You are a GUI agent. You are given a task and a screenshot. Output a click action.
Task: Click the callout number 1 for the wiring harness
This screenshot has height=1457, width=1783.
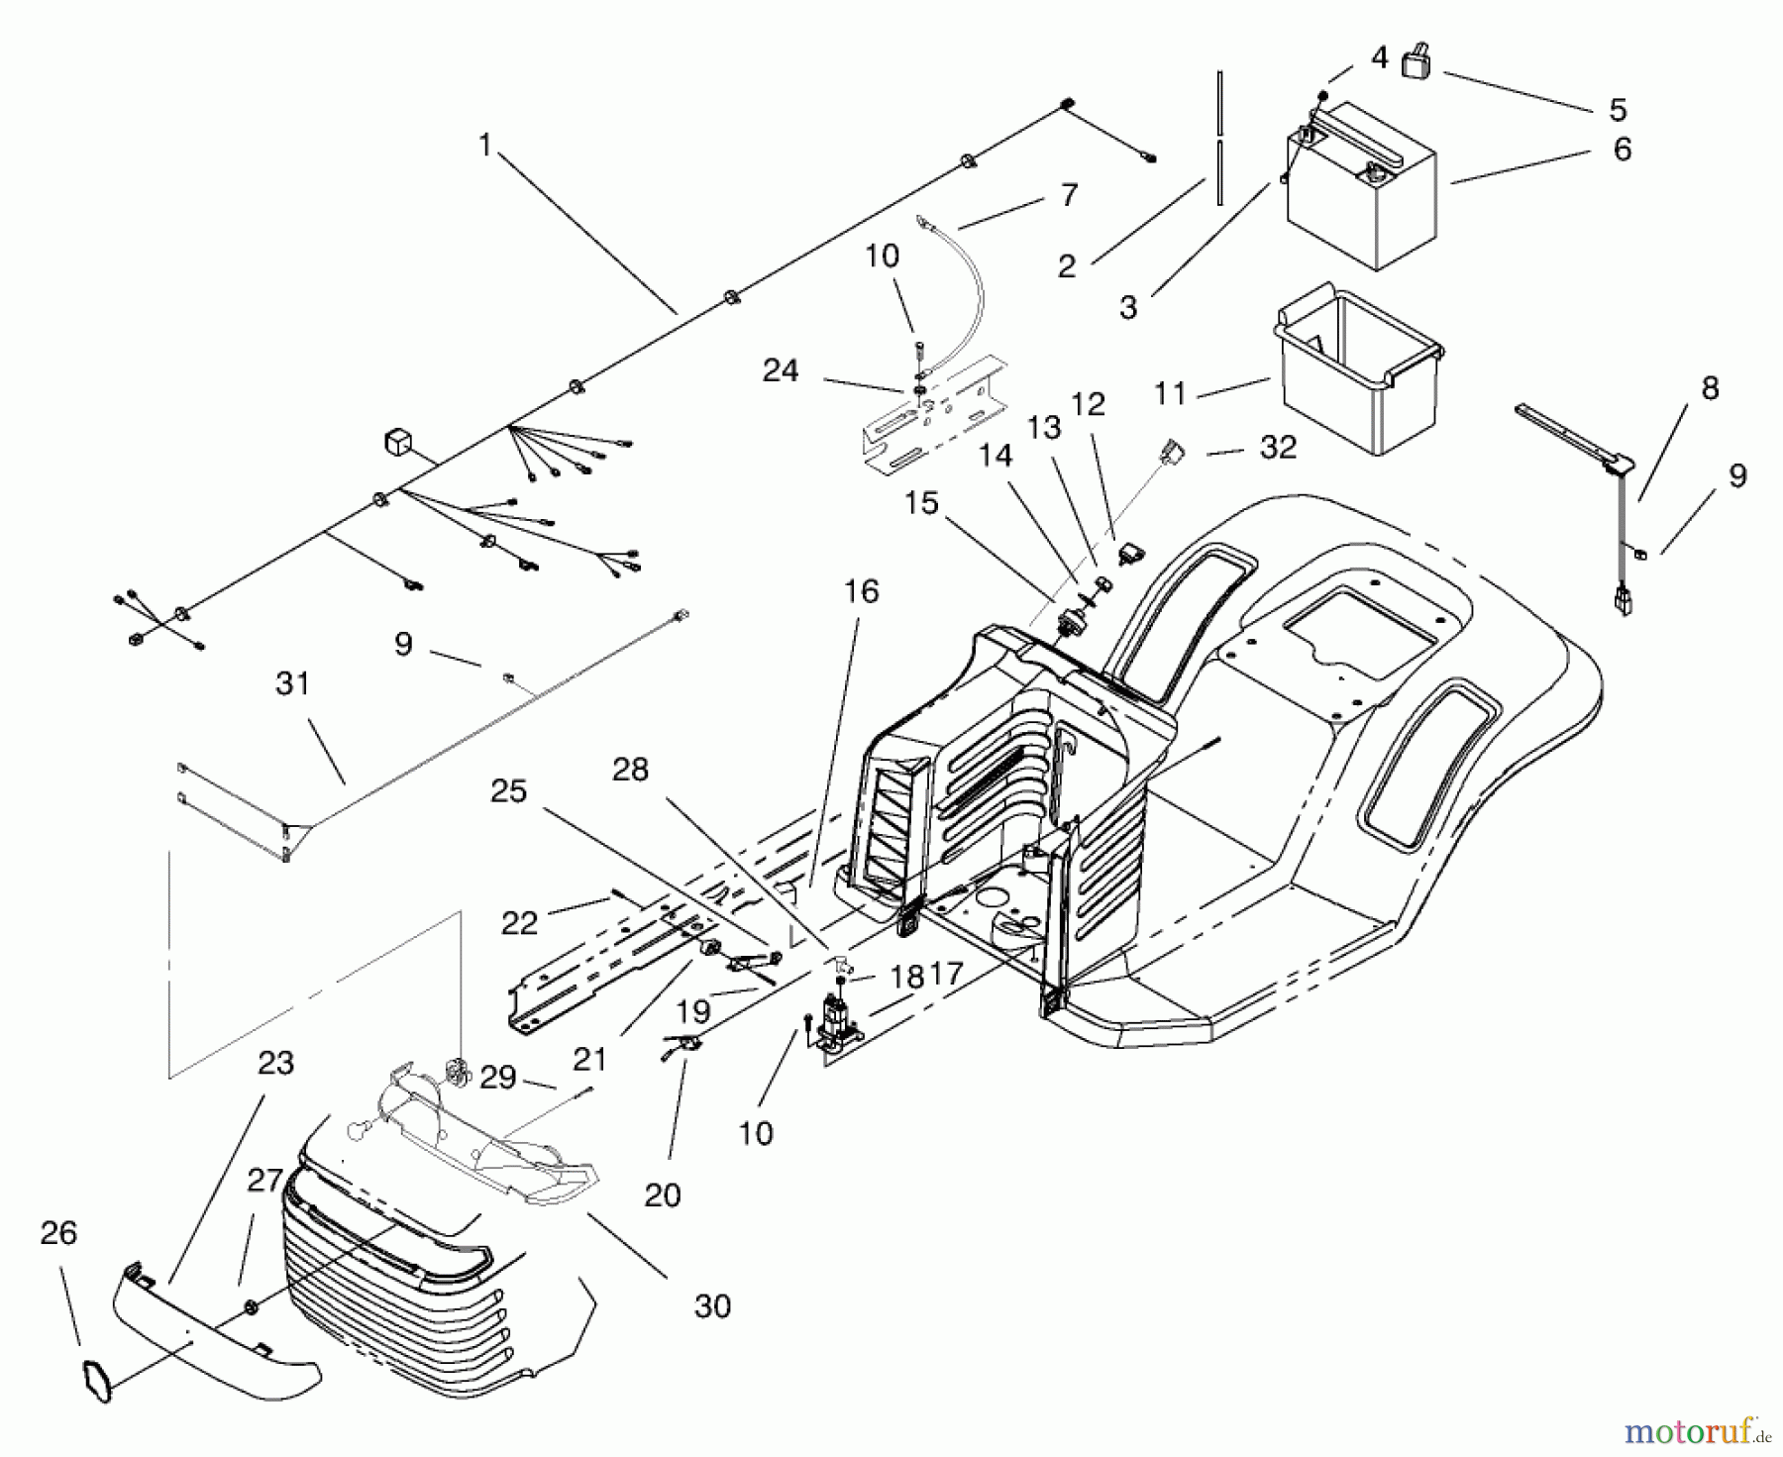(484, 146)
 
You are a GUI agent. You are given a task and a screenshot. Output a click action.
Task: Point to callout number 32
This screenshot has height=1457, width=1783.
(1278, 448)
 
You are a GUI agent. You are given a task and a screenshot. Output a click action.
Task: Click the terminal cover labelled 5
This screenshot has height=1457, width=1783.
(1417, 65)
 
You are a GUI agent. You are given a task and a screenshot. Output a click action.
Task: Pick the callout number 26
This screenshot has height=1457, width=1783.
(59, 1233)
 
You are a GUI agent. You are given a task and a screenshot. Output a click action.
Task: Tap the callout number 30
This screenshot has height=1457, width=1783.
(712, 1306)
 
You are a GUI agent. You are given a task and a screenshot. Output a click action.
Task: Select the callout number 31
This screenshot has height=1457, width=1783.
(293, 683)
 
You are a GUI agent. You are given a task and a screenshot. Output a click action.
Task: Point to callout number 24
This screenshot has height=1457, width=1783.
(781, 370)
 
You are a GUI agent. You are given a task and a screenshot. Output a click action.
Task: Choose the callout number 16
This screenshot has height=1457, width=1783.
(862, 591)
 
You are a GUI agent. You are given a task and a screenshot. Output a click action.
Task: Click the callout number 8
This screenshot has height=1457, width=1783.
(1710, 388)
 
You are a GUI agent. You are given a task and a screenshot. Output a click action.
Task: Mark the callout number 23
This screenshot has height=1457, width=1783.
(275, 1063)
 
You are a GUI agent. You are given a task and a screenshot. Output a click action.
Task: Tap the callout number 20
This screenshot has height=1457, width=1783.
(663, 1196)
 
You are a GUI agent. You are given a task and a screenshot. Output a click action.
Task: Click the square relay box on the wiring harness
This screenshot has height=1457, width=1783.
(398, 443)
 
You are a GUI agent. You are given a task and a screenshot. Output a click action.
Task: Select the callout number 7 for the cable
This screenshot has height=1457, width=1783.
(1068, 195)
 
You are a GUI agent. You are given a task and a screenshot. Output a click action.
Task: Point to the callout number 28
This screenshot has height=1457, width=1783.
(630, 769)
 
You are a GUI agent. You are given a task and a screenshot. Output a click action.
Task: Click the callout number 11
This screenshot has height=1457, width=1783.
(1170, 393)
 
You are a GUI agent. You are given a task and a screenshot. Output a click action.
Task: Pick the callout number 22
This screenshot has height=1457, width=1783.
(519, 923)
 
